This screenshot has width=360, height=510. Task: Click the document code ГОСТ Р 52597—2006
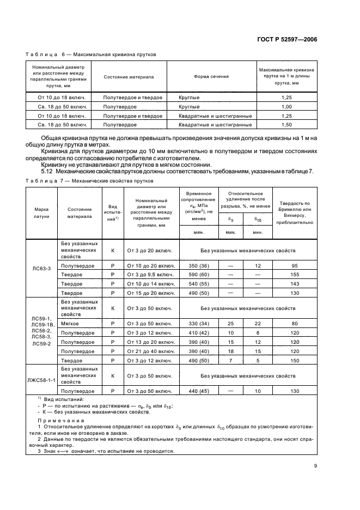[286, 40]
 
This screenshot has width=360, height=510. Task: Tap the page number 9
[316, 466]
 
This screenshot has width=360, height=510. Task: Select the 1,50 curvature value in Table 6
[286, 125]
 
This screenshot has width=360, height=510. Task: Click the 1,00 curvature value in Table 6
[286, 106]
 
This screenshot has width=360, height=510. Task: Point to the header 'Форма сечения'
[211, 77]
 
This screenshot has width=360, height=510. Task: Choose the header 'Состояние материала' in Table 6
[129, 77]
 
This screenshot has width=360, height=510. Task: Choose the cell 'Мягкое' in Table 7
[72, 323]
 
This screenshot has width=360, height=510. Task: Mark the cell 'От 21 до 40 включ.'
[150, 351]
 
